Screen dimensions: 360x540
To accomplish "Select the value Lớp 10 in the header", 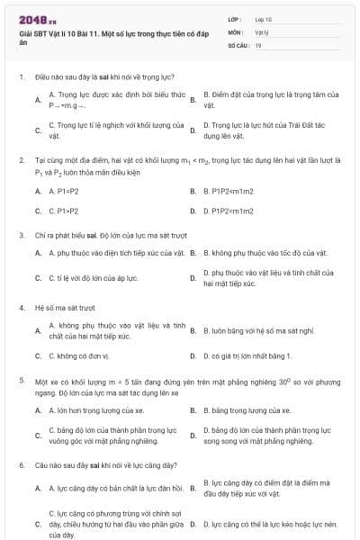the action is pos(263,19).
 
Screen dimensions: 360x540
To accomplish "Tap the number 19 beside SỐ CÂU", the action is pos(258,43).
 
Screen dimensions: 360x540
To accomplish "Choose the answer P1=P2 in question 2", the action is pos(58,191).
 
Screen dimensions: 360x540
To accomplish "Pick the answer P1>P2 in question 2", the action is pos(58,211).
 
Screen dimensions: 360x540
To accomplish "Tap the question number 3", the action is pos(21,235).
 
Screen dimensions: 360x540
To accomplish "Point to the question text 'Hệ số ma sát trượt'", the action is pos(58,308).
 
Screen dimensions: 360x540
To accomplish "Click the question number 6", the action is pos(21,464).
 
